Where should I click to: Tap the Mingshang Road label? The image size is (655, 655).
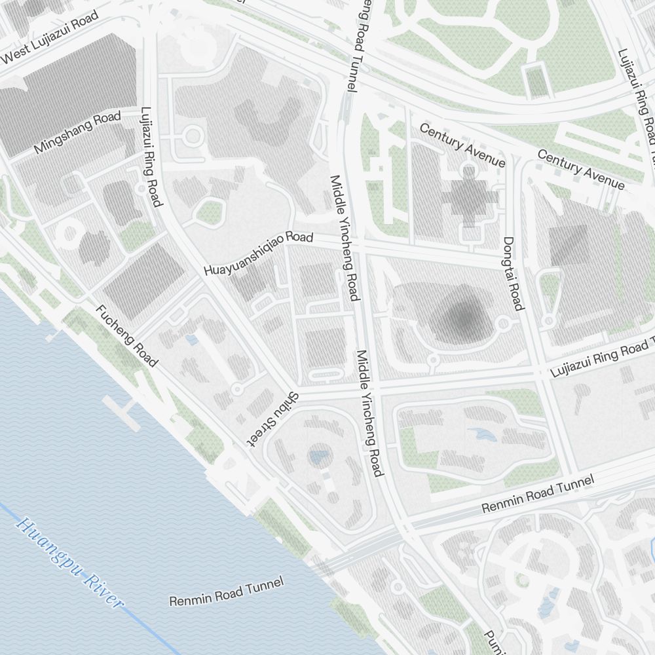coord(78,132)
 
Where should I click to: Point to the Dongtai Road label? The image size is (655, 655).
coord(514,273)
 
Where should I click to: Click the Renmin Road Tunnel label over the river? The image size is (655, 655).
coord(227,591)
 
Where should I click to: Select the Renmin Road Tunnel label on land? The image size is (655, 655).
coord(538,495)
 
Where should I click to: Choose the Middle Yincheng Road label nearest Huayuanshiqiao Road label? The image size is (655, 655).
coord(345,238)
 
